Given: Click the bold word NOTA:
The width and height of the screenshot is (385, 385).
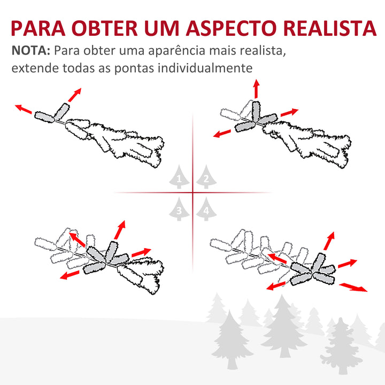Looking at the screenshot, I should (30, 52).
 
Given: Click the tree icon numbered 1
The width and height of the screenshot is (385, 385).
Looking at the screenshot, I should (179, 178).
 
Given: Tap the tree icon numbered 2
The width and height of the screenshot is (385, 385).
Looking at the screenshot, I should (205, 178).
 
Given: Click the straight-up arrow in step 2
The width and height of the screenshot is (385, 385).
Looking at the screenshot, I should (256, 88).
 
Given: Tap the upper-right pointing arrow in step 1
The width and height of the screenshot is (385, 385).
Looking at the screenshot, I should (75, 94).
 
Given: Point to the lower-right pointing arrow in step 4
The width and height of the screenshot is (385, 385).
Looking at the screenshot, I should (353, 287).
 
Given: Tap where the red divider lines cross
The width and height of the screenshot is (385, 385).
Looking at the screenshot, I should (192, 192).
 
